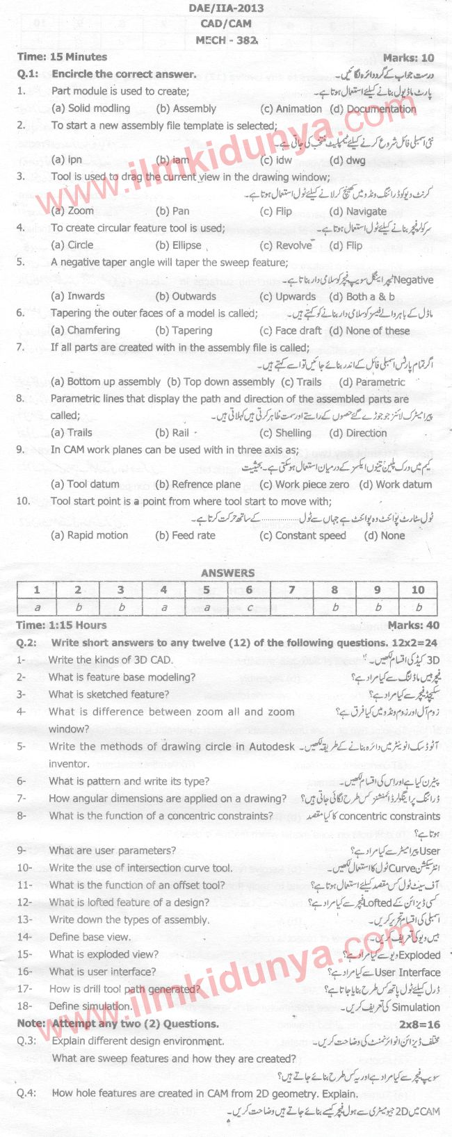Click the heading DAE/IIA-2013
tap(226, 8)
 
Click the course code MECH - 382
tap(226, 40)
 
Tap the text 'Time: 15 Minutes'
tap(62, 57)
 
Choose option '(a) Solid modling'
tap(90, 108)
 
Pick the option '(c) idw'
tap(275, 160)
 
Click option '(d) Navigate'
tap(357, 211)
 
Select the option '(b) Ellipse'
tap(179, 245)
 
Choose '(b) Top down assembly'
tap(220, 382)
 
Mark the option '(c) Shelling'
tap(285, 432)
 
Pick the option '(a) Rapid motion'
tap(90, 535)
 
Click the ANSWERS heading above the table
tap(227, 573)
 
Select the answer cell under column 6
tap(249, 607)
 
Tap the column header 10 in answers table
tap(417, 590)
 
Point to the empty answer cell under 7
tap(291, 607)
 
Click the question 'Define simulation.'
tap(90, 1006)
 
